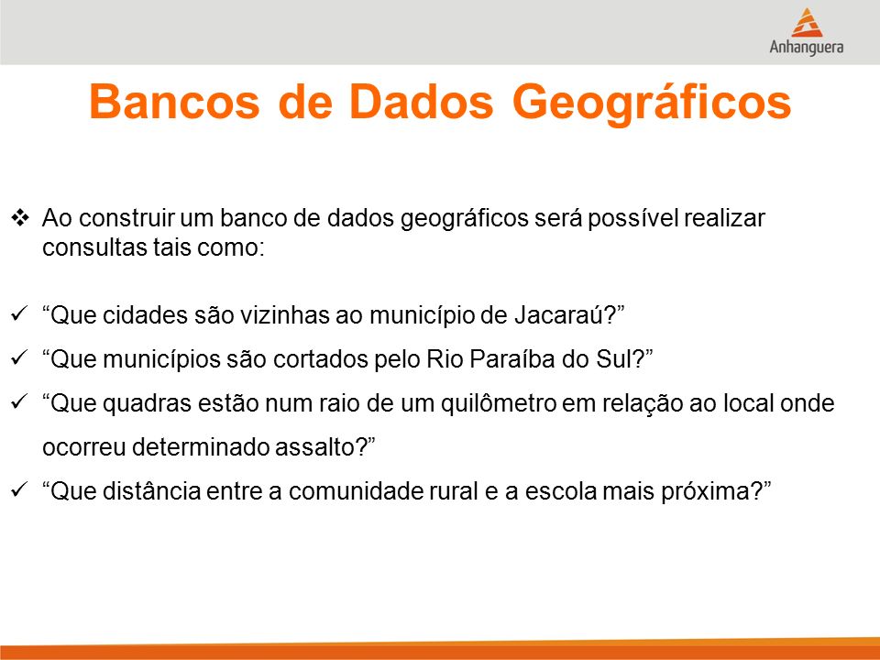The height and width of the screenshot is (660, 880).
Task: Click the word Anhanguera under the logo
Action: (x=807, y=47)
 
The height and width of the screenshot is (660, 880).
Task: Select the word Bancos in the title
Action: (x=174, y=102)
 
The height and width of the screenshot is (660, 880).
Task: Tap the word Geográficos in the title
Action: (x=652, y=104)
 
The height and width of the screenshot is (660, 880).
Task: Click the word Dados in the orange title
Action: (x=422, y=102)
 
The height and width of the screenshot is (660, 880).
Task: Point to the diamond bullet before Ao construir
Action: (x=20, y=218)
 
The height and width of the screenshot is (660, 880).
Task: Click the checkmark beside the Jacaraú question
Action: (x=19, y=313)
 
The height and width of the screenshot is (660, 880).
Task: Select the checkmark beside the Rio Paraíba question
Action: (x=19, y=357)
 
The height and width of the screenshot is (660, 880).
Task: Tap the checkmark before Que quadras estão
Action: (x=19, y=401)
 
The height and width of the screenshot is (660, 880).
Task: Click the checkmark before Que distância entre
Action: (x=19, y=489)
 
